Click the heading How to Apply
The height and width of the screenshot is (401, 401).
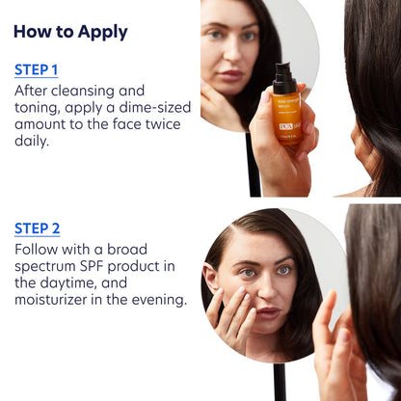tap(70, 32)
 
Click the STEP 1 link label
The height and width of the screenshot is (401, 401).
tap(37, 69)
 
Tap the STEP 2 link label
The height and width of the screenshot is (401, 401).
tap(38, 228)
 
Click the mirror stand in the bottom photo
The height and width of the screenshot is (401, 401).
tap(281, 382)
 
